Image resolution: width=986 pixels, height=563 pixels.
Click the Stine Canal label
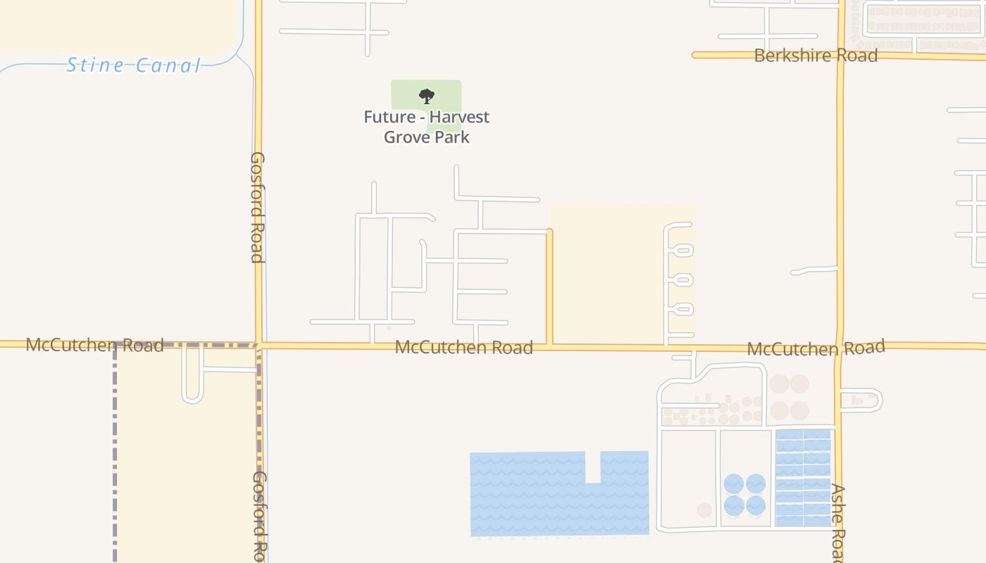coord(133,65)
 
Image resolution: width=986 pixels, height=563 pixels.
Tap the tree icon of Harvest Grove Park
coord(426,96)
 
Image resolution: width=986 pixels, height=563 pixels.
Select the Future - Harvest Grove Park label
coord(426,127)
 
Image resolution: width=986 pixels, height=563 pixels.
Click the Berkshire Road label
coord(816,56)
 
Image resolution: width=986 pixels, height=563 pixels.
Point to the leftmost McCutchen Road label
coord(94,345)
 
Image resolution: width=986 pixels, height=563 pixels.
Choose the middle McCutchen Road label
coord(463,347)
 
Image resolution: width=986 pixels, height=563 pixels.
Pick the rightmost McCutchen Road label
coord(816,348)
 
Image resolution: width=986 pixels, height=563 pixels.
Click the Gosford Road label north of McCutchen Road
coord(258,207)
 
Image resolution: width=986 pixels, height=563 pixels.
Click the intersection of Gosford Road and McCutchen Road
coord(259,345)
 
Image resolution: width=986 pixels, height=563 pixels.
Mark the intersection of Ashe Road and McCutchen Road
coord(839,348)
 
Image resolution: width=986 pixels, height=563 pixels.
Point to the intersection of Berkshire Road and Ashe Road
coord(840,55)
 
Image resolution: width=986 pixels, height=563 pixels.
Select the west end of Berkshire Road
coord(696,54)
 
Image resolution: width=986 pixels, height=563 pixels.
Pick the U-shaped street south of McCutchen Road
coord(193,384)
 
